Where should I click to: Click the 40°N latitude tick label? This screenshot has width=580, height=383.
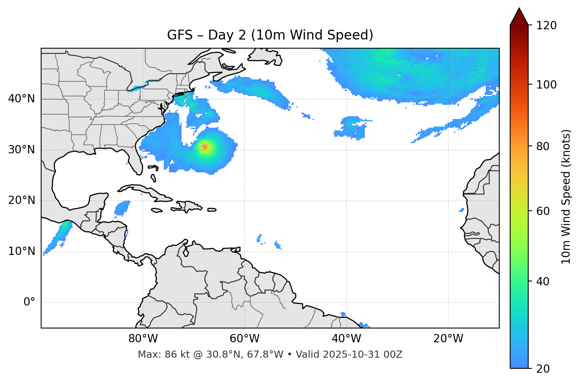[21, 99]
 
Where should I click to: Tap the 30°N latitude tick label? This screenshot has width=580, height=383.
[21, 150]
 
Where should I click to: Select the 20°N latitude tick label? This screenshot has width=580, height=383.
[21, 200]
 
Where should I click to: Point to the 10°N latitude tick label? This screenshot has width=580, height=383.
[21, 251]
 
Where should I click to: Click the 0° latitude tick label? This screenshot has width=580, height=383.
[29, 302]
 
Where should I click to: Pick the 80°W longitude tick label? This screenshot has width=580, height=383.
[143, 339]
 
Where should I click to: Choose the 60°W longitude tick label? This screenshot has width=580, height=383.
[245, 339]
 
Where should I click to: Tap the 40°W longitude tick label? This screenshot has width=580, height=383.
[346, 339]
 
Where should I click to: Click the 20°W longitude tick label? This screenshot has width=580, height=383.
[448, 339]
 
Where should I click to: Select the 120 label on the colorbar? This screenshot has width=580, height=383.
[546, 25]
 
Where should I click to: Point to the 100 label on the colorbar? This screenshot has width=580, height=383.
[546, 85]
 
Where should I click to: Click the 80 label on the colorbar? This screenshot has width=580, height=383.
[543, 146]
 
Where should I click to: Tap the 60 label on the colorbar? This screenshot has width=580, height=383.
[543, 211]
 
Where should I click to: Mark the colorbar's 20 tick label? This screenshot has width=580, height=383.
[543, 368]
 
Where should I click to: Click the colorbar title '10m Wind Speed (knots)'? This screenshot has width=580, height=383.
[566, 196]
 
